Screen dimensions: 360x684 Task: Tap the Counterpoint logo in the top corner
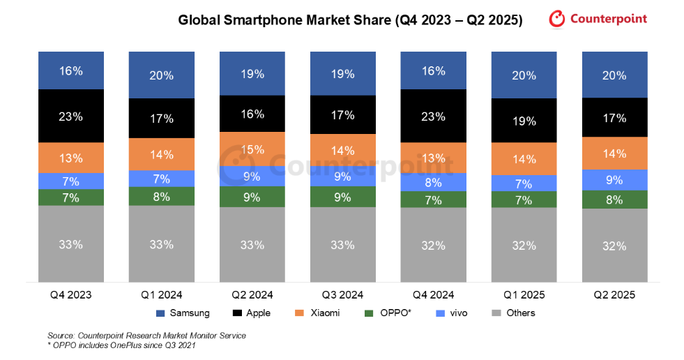coord(598,19)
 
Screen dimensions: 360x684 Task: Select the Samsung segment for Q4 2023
coord(71,70)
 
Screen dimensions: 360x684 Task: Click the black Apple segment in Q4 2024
coord(433,117)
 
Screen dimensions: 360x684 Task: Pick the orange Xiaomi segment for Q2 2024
coord(252,149)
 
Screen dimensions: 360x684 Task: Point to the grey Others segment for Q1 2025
coord(524,245)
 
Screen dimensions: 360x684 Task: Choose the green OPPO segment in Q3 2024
coord(342,197)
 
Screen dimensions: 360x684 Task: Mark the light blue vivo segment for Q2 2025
coord(614,179)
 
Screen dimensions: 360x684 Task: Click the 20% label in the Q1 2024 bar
coord(161,75)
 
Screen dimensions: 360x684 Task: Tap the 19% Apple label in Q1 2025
coord(524,121)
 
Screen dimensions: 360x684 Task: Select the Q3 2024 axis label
coord(342,294)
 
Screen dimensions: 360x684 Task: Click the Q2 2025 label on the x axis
coord(614,294)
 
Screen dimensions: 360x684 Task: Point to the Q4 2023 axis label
coord(71,294)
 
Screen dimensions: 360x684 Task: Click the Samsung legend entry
coord(183,313)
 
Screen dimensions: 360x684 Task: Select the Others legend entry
coord(513,313)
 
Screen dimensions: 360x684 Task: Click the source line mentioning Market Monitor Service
coord(146,336)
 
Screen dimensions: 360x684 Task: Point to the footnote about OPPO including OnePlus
coord(121,345)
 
